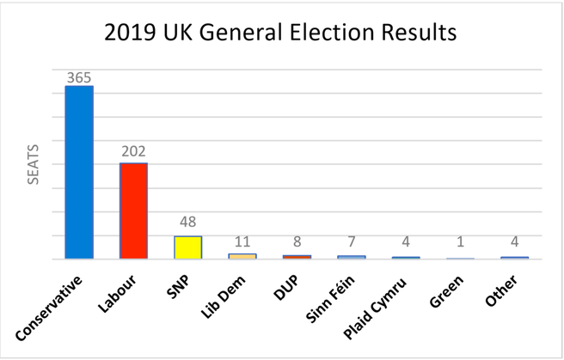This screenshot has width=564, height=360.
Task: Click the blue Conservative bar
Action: [x=79, y=172]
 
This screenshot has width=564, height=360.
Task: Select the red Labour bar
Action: [x=133, y=211]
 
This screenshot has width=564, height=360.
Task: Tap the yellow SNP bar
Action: [x=187, y=247]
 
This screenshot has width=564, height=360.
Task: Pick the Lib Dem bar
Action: [x=242, y=255]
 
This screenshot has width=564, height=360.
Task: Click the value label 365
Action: [x=79, y=77]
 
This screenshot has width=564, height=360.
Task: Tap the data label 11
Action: [x=242, y=243]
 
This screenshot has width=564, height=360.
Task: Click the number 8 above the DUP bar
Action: [x=297, y=244]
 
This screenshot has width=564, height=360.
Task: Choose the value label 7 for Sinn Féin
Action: [x=351, y=245]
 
